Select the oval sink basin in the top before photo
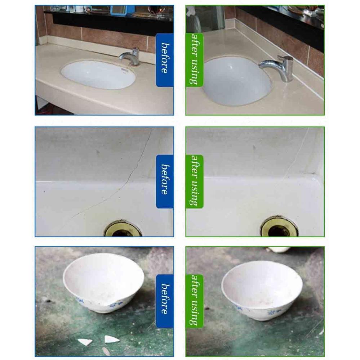click(98, 75)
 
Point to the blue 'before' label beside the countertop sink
click(164, 60)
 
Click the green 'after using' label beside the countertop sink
click(195, 60)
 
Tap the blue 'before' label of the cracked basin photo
click(164, 181)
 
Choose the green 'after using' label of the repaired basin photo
click(195, 181)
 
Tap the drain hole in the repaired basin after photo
click(280, 228)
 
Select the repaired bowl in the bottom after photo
click(262, 288)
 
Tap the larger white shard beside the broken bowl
click(110, 339)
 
